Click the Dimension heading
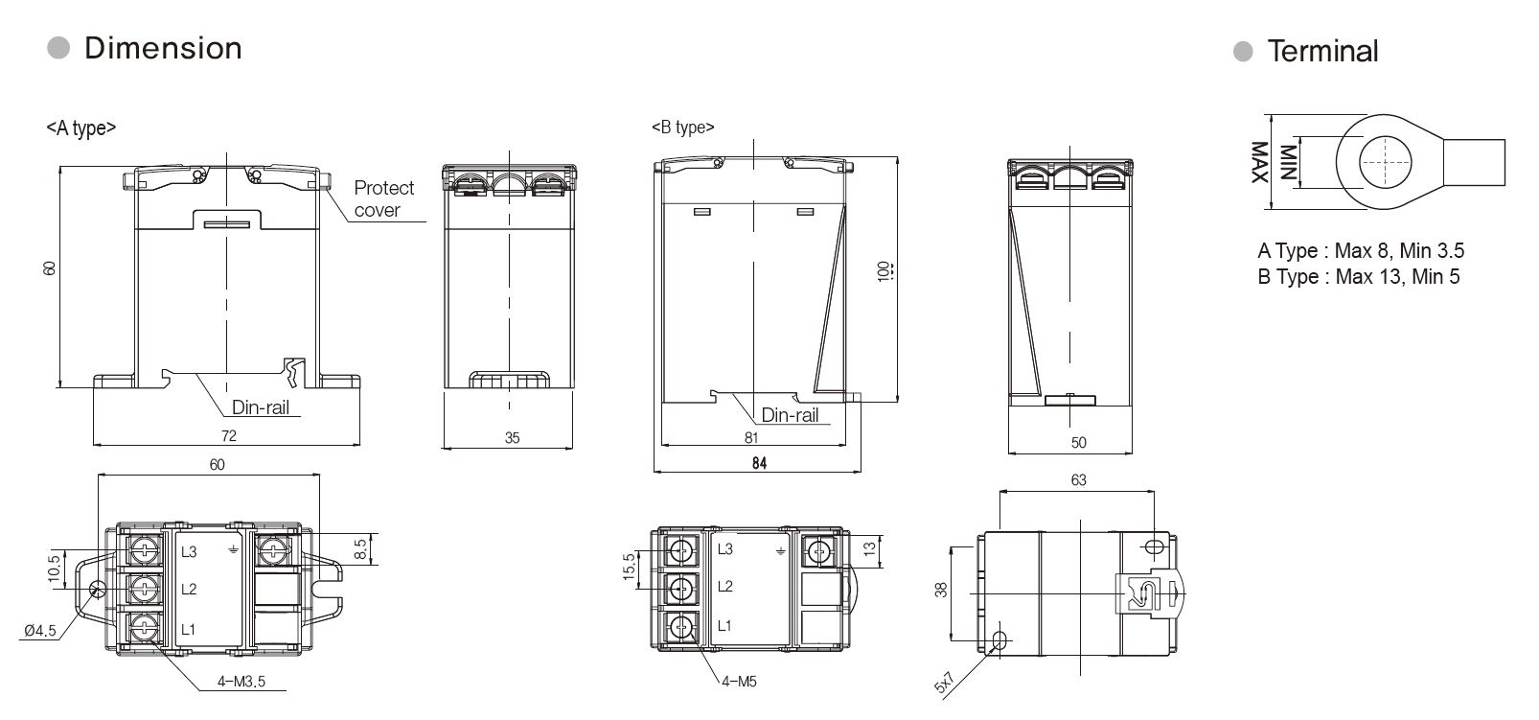click(163, 48)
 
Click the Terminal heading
click(1322, 51)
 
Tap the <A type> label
click(81, 128)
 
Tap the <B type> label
click(683, 128)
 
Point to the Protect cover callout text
click(384, 198)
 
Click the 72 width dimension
click(229, 436)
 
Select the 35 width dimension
click(513, 438)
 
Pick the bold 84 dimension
click(759, 463)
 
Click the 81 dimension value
click(751, 438)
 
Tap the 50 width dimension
click(1079, 443)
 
